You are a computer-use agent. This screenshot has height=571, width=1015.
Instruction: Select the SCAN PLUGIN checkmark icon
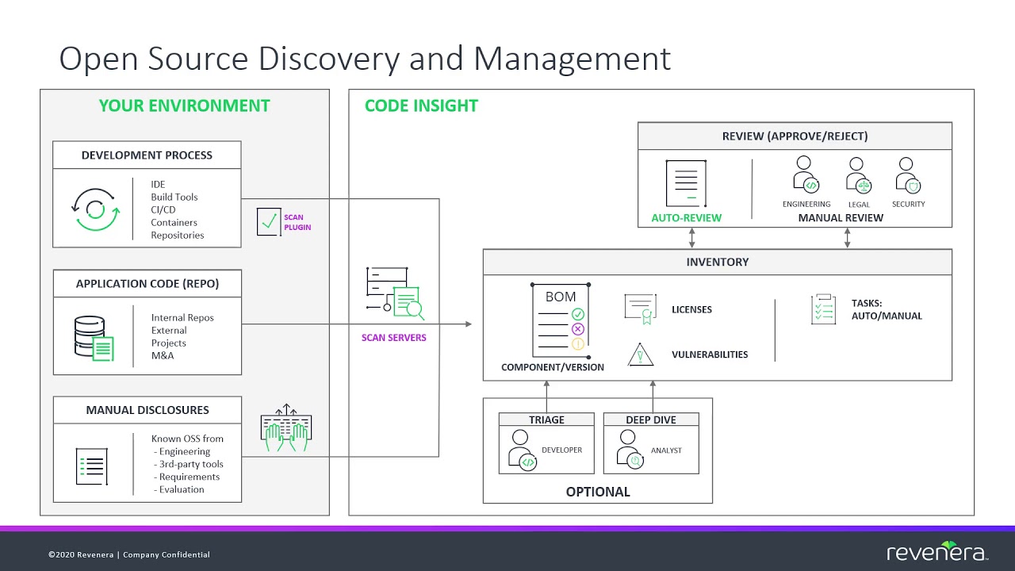269,222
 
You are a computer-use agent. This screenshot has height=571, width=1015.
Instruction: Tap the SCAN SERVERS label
394,338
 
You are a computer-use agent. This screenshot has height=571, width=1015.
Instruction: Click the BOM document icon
561,320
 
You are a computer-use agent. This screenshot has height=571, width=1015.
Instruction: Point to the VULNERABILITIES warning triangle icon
640,354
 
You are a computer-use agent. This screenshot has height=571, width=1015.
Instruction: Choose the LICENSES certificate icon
640,309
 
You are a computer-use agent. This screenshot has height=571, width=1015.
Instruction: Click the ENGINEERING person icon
806,174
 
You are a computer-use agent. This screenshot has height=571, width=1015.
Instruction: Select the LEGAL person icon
858,174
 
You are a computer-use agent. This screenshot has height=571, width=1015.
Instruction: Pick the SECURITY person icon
908,174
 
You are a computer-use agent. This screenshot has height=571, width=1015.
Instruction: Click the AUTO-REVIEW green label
686,217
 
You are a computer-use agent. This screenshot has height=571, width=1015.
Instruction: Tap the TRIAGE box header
546,420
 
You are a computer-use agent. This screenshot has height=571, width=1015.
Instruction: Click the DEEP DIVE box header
651,420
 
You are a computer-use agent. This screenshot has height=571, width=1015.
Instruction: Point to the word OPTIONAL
598,492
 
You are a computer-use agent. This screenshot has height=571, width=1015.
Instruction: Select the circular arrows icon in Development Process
95,209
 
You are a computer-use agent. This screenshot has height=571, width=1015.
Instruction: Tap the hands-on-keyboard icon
286,428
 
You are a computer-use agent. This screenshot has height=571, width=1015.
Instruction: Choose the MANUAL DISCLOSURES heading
147,410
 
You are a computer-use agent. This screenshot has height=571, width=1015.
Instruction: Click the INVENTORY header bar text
717,262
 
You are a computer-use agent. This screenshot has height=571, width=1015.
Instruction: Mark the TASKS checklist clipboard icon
823,309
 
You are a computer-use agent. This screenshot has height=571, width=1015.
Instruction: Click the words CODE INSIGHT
421,105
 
